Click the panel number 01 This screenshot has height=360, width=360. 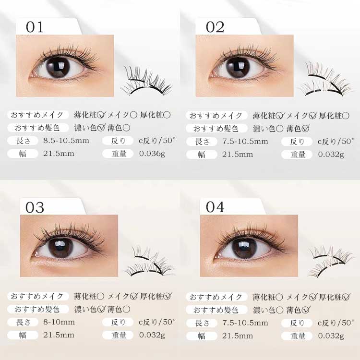(35, 27)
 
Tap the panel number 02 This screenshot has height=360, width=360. (215, 27)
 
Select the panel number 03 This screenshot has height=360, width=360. (35, 207)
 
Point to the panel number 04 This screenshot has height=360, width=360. (215, 207)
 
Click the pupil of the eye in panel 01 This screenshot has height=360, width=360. (58, 67)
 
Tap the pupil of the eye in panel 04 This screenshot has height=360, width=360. (244, 248)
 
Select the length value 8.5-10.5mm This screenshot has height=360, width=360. (66, 141)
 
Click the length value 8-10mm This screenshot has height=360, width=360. (59, 322)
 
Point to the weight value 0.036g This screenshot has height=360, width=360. (152, 154)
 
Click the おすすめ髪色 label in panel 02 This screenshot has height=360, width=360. (216, 128)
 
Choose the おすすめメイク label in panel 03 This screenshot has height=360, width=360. (37, 296)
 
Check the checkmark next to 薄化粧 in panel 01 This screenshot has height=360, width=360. (101, 115)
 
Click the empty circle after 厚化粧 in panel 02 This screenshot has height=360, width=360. (346, 116)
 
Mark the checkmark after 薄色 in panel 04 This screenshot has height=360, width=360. (306, 310)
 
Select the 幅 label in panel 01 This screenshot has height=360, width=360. (23, 154)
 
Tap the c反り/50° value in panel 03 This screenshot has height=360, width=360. (157, 322)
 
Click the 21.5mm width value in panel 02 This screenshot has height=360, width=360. (238, 155)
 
